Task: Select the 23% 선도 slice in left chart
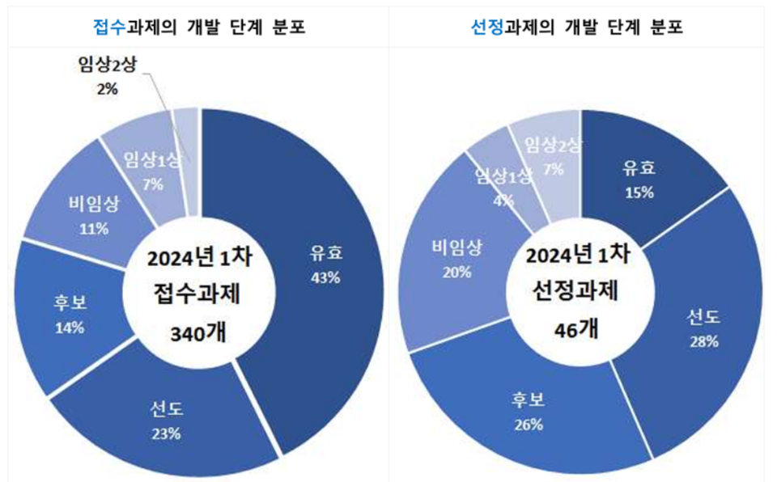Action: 166,421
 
